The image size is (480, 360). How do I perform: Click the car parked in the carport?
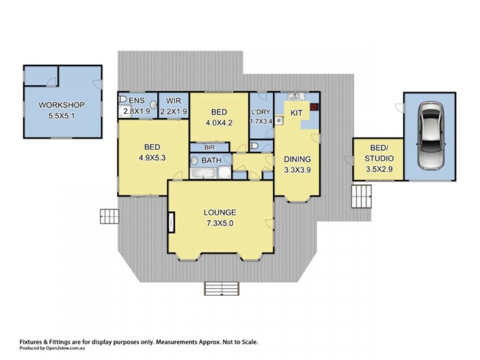430,135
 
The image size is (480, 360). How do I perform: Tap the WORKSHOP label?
61,106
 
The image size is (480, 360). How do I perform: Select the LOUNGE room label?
220,212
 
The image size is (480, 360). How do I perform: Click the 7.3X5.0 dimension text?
220,224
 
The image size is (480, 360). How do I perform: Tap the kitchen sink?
295,97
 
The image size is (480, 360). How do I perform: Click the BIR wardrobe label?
209,146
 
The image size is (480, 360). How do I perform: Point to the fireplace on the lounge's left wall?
172,223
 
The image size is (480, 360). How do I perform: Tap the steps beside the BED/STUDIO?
362,195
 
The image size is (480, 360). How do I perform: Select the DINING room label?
297,159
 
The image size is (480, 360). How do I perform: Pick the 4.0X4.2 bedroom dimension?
219,124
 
